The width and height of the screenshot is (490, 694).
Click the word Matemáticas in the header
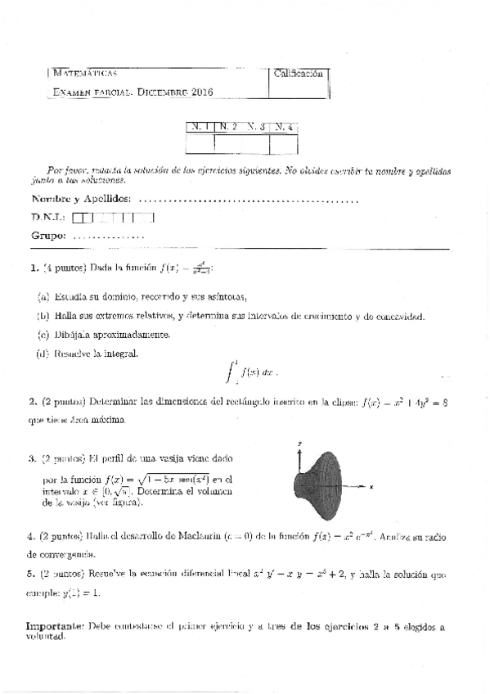coord(83,74)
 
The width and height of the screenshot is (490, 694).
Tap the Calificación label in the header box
coord(299,74)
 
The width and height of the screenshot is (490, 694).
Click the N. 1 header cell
coord(199,127)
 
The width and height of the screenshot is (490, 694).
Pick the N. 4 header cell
coord(284,127)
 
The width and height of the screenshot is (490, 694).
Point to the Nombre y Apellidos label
coord(80,199)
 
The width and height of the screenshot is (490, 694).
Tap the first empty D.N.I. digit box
coord(78,218)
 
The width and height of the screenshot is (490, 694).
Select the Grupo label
coord(48,236)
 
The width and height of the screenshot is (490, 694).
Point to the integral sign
coord(229,372)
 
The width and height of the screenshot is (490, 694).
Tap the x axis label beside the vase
coord(371,486)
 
